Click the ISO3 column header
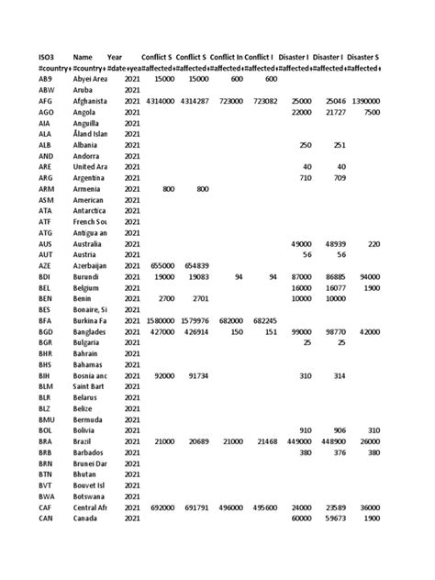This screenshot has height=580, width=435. click(47, 57)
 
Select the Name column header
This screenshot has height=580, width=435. click(83, 57)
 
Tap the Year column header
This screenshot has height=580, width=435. click(115, 57)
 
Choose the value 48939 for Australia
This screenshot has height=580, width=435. click(328, 243)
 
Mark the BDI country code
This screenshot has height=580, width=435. click(46, 276)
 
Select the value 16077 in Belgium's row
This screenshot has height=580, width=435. click(328, 287)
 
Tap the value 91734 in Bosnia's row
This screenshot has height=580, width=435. click(198, 375)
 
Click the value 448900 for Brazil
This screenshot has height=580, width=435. click(327, 441)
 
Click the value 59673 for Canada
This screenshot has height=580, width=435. click(328, 519)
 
